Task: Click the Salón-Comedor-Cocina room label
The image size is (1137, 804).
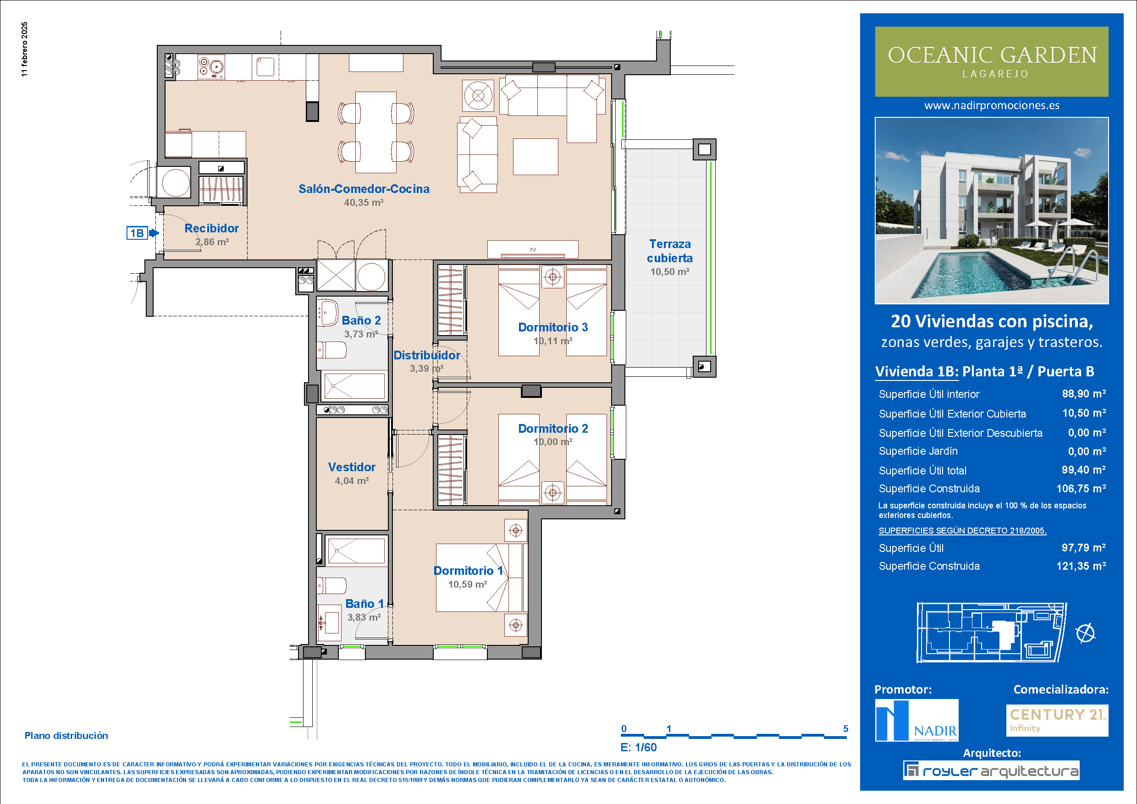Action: pyautogui.click(x=364, y=188)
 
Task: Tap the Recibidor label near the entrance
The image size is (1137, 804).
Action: pyautogui.click(x=211, y=228)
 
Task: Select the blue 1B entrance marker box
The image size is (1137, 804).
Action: pyautogui.click(x=137, y=233)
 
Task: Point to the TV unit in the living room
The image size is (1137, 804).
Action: pyautogui.click(x=532, y=249)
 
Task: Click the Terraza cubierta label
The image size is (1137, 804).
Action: pyautogui.click(x=669, y=251)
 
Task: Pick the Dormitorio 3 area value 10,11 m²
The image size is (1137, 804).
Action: pyautogui.click(x=552, y=341)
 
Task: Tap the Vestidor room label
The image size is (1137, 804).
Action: pyautogui.click(x=352, y=467)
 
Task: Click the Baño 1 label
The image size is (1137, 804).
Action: pyautogui.click(x=364, y=604)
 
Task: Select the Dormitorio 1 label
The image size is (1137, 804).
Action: pyautogui.click(x=468, y=570)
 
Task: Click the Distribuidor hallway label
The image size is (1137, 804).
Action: pyautogui.click(x=426, y=355)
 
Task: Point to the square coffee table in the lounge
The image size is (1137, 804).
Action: pyautogui.click(x=535, y=156)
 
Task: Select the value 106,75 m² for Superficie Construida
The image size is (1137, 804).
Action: pyautogui.click(x=1081, y=489)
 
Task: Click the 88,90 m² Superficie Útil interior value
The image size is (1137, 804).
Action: pyautogui.click(x=1083, y=394)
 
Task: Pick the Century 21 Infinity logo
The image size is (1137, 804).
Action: pyautogui.click(x=1057, y=720)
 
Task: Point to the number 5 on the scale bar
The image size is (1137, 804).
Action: pyautogui.click(x=846, y=729)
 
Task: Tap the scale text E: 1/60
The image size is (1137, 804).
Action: pyautogui.click(x=638, y=748)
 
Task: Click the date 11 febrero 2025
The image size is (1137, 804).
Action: pyautogui.click(x=25, y=49)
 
